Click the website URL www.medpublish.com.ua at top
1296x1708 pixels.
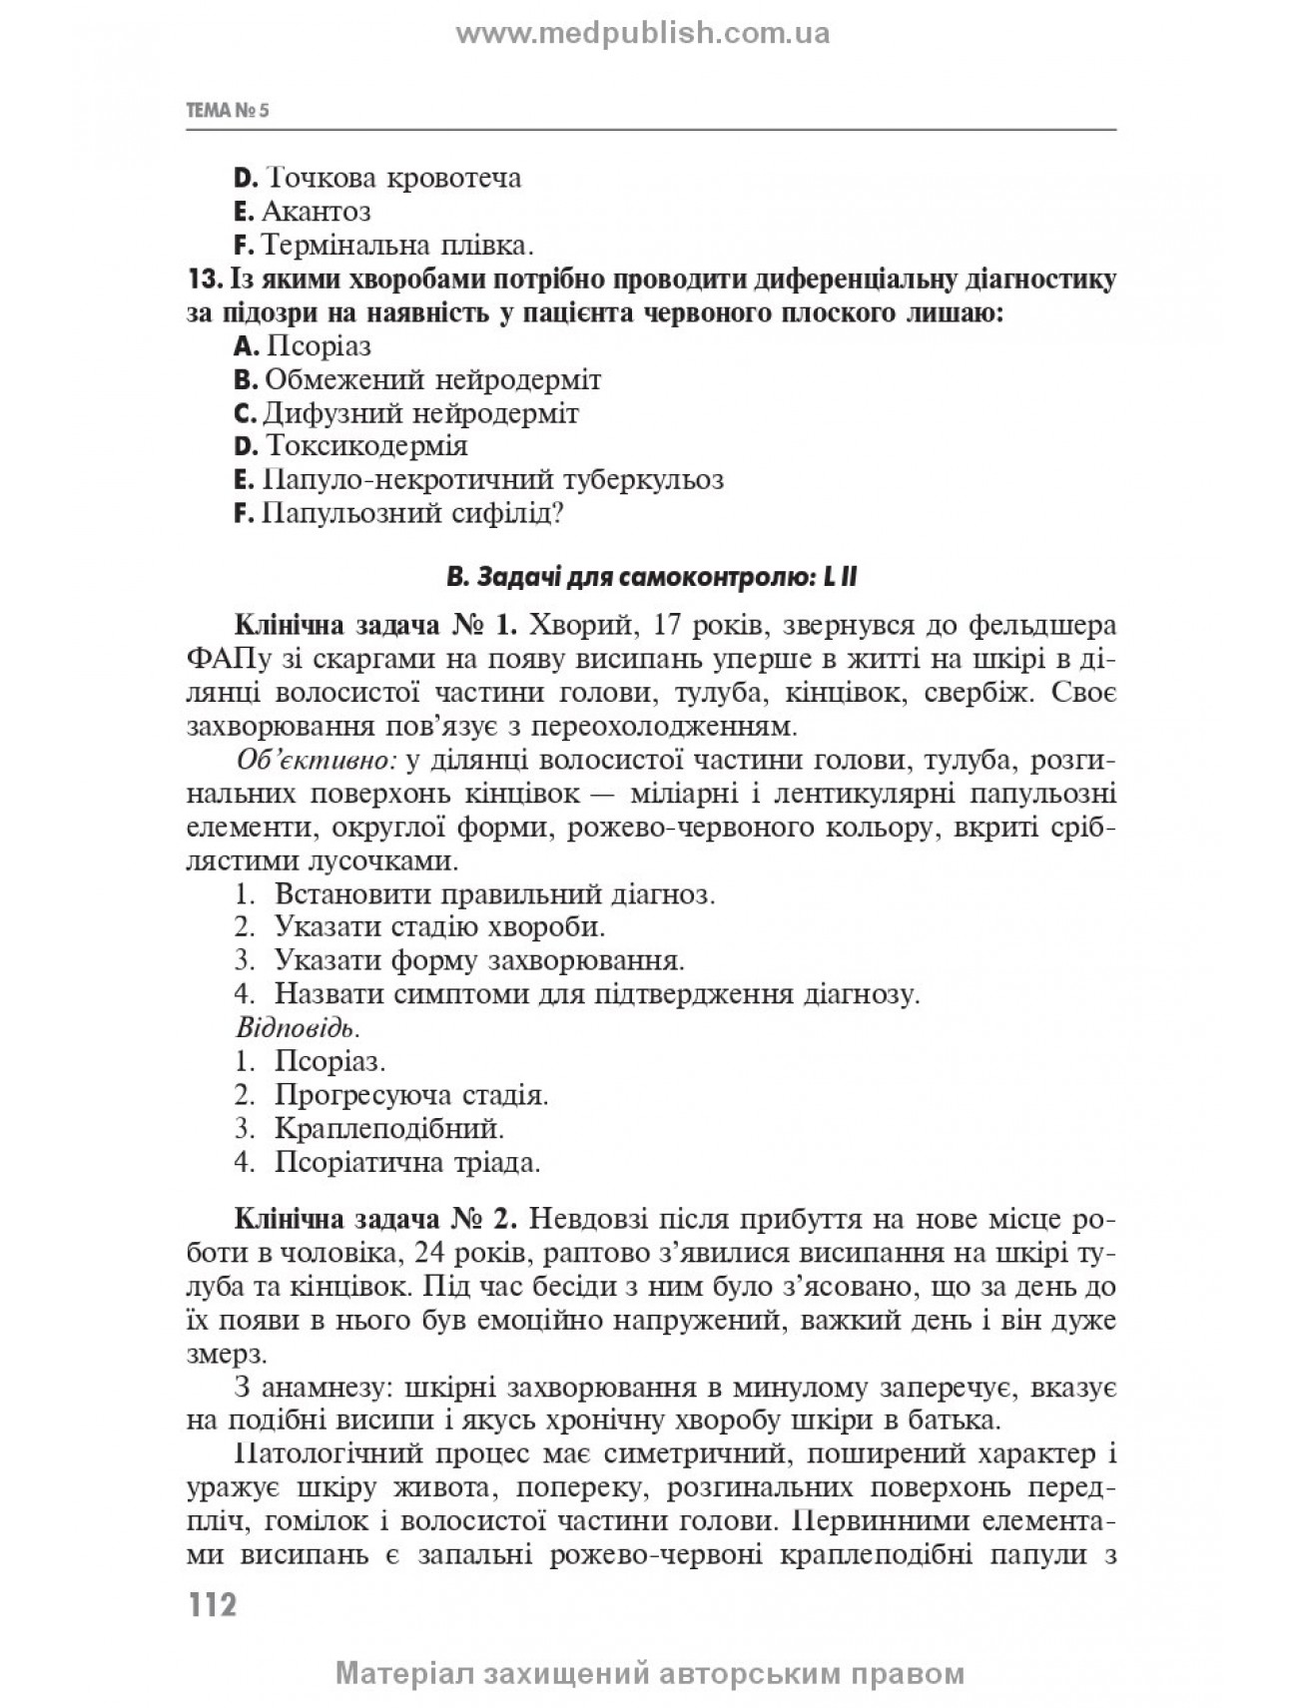point(643,34)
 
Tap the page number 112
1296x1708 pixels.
point(209,1605)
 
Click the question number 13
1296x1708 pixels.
point(199,280)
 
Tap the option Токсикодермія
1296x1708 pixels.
point(365,445)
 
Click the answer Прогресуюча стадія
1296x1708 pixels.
point(410,1094)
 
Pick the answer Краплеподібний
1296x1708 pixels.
point(388,1128)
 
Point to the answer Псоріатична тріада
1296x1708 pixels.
point(406,1162)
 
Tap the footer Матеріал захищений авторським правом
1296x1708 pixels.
point(651,1672)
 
